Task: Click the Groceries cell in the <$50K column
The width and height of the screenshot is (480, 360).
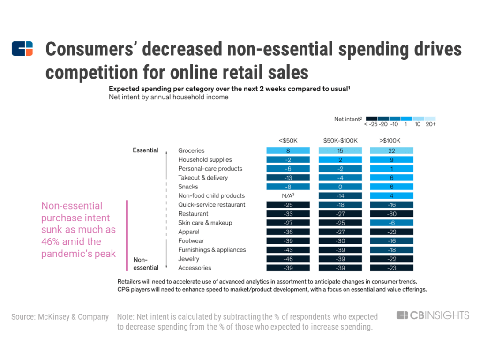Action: point(288,150)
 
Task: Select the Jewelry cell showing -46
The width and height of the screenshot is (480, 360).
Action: point(288,259)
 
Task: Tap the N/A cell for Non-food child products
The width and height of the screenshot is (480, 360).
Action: point(288,195)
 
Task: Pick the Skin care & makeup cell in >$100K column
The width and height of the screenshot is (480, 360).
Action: point(391,223)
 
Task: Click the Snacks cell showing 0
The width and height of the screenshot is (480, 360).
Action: point(340,187)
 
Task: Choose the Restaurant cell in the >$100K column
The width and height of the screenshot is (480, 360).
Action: point(391,214)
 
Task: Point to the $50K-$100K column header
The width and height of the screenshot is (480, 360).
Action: point(340,141)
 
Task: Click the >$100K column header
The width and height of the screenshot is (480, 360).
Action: point(390,141)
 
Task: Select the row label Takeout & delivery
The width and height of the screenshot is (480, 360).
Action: point(203,178)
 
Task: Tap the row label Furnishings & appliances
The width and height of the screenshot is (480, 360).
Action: point(212,250)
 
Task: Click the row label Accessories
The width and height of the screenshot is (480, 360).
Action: point(195,268)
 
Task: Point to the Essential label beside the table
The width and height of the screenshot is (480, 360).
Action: point(145,150)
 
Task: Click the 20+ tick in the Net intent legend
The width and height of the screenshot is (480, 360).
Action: point(431,124)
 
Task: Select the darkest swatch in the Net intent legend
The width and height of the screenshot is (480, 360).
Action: point(372,119)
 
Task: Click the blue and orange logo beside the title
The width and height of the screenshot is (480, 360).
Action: point(22,49)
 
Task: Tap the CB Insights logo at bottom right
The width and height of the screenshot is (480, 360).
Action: point(433,315)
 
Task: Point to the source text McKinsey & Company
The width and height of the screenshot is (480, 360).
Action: point(73,317)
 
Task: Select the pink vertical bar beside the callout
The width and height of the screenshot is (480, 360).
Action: point(127,236)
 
